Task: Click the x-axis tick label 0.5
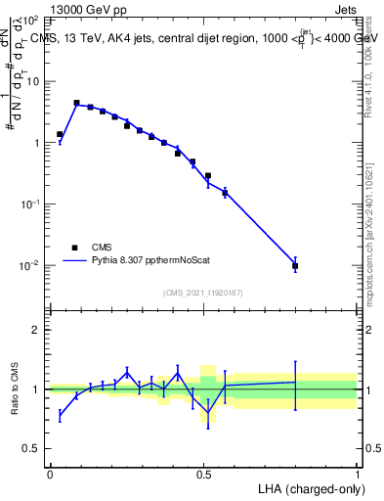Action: (203, 474)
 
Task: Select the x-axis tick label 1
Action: (358, 474)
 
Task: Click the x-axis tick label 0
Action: (50, 474)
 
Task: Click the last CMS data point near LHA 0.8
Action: (295, 266)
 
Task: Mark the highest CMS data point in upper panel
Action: (76, 103)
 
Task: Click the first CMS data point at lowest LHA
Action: (60, 134)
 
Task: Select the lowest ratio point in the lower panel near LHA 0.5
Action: (208, 412)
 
